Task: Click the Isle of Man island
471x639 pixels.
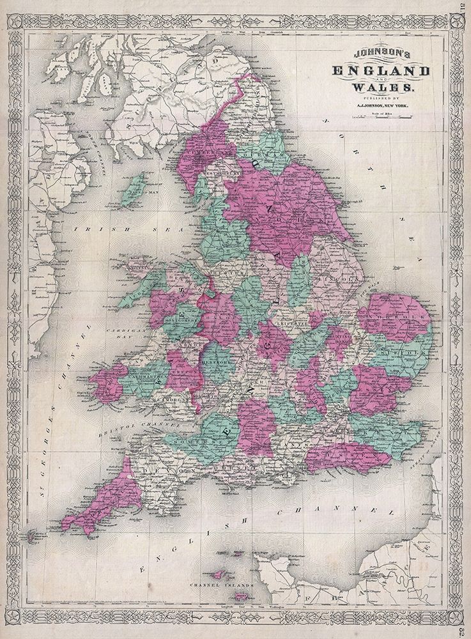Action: click(137, 189)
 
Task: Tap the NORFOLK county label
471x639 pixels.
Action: click(404, 317)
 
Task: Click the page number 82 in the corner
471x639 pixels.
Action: click(463, 629)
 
